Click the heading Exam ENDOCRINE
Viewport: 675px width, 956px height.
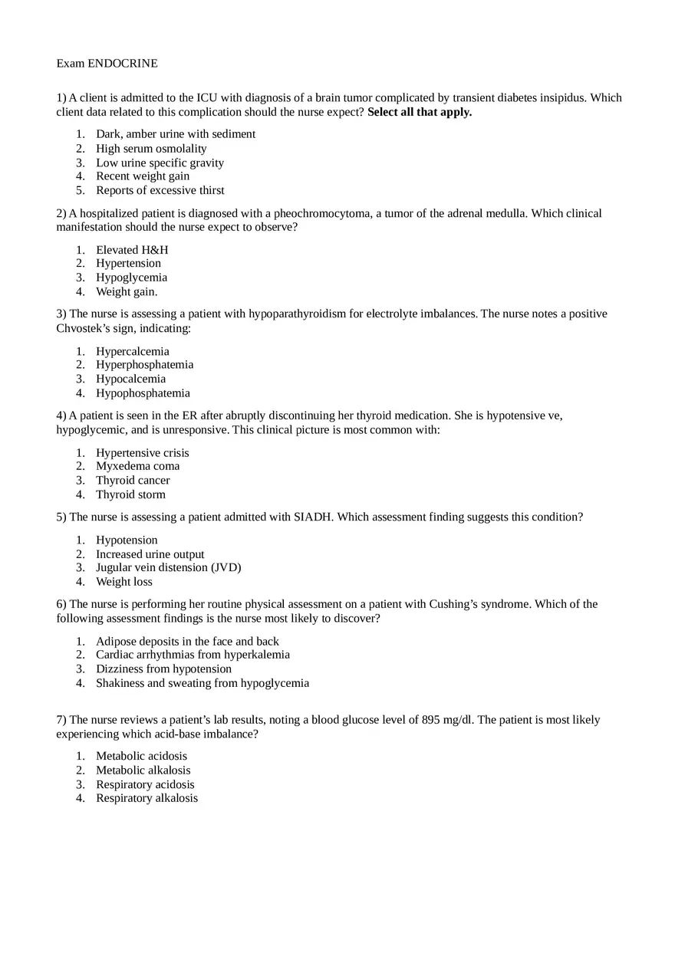point(107,64)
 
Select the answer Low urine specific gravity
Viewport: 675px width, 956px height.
point(160,163)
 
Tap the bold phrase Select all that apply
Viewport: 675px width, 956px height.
point(420,112)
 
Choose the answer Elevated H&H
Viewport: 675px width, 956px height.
point(132,250)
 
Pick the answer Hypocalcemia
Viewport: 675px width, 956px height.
point(130,379)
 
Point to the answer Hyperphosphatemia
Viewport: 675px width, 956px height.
point(144,365)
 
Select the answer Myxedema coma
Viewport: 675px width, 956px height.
point(137,466)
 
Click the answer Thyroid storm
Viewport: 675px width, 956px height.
point(130,494)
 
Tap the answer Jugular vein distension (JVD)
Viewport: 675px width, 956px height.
point(168,567)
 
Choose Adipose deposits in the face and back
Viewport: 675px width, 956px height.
point(187,641)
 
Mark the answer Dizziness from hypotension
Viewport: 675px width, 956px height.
point(163,669)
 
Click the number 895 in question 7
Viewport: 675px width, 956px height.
point(431,720)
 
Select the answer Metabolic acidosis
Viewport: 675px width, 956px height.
point(141,756)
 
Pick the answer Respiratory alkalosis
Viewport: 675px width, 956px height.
point(147,798)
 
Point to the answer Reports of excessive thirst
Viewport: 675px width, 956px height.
point(160,190)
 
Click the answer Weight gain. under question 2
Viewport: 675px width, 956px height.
point(127,291)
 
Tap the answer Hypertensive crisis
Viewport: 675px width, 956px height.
point(142,453)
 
